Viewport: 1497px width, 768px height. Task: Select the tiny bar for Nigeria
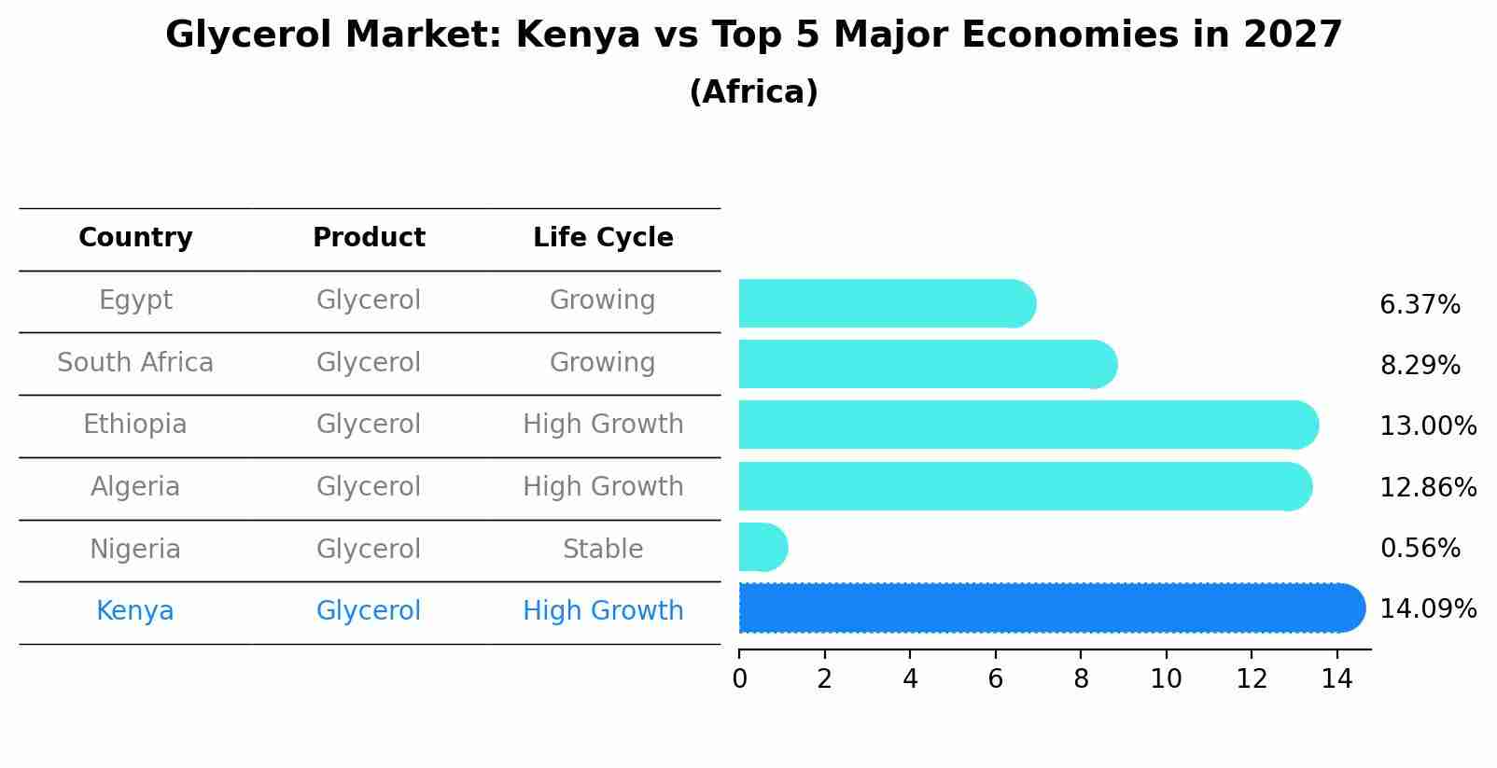pos(762,547)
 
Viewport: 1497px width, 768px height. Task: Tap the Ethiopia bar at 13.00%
pos(1027,426)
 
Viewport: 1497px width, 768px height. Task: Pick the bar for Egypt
pos(887,304)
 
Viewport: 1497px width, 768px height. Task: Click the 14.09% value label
pos(1427,609)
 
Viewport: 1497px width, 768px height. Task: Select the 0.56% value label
pos(1420,549)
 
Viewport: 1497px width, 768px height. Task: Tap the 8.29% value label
pos(1420,366)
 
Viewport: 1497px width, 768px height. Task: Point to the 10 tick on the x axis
pos(1166,679)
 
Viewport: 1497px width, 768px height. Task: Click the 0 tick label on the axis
pos(739,679)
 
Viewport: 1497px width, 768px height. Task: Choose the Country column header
pos(135,238)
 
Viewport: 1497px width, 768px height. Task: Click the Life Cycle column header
pos(603,238)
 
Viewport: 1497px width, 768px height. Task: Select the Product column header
pos(369,238)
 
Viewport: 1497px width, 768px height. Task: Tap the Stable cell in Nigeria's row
pos(603,550)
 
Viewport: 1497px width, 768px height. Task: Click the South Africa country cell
pos(135,363)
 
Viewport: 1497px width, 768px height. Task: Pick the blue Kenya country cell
pos(135,611)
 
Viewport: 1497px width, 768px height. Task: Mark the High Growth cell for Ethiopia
pos(603,425)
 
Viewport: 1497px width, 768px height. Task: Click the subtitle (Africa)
pos(753,92)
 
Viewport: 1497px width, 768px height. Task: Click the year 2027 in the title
pos(1293,35)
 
